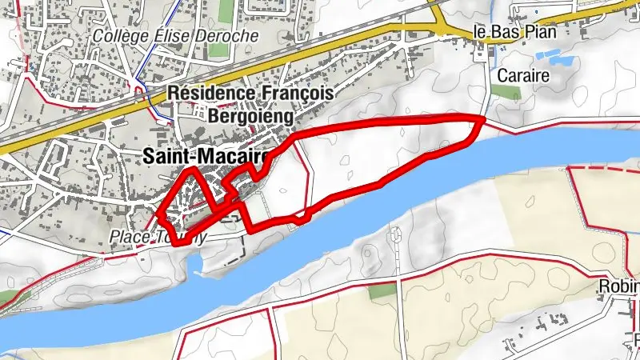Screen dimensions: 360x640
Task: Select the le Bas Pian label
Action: pos(514,33)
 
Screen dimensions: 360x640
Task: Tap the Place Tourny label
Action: pos(157,238)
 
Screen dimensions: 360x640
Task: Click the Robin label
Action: pos(620,286)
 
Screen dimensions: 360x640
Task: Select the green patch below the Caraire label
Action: pos(506,91)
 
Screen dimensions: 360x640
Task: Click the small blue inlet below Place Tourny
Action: pos(194,264)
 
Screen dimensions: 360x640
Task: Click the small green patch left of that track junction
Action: pos(382,290)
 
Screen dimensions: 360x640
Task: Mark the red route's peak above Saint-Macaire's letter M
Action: pos(190,170)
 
